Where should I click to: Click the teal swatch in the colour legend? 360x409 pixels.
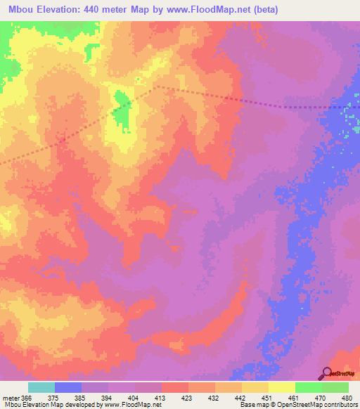point(41,387)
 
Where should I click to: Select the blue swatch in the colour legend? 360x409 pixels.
point(68,387)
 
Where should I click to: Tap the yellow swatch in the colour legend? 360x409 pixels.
point(281,387)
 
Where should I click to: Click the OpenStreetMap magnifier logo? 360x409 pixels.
point(326,373)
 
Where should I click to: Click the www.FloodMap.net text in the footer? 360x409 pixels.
point(137,404)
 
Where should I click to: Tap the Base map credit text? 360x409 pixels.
point(255,404)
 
